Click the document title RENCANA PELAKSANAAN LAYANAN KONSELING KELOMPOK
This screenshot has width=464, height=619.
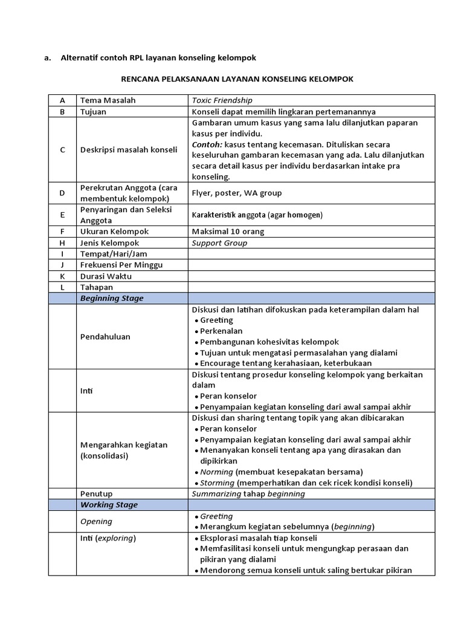pyautogui.click(x=237, y=79)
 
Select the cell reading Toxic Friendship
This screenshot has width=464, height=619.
pyautogui.click(x=222, y=100)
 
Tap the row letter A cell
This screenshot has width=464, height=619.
pyautogui.click(x=62, y=100)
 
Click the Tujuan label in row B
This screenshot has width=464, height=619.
pyautogui.click(x=93, y=112)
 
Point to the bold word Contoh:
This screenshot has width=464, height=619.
pyautogui.click(x=207, y=144)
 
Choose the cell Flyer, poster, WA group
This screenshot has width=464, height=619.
pyautogui.click(x=237, y=193)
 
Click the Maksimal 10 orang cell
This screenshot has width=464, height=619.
pyautogui.click(x=228, y=232)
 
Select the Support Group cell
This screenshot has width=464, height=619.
pyautogui.click(x=219, y=243)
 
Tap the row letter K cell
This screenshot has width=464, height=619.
pyautogui.click(x=62, y=276)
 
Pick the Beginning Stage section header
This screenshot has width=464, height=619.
pyautogui.click(x=112, y=298)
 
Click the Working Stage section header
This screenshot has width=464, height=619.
pyautogui.click(x=109, y=505)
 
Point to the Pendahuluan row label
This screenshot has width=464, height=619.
pyautogui.click(x=105, y=336)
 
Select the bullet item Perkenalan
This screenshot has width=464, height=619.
pyautogui.click(x=221, y=331)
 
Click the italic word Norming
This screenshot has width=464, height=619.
pyautogui.click(x=216, y=472)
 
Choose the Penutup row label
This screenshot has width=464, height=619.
pyautogui.click(x=97, y=493)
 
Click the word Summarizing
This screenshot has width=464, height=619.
pyautogui.click(x=219, y=493)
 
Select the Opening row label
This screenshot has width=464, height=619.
pyautogui.click(x=97, y=522)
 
